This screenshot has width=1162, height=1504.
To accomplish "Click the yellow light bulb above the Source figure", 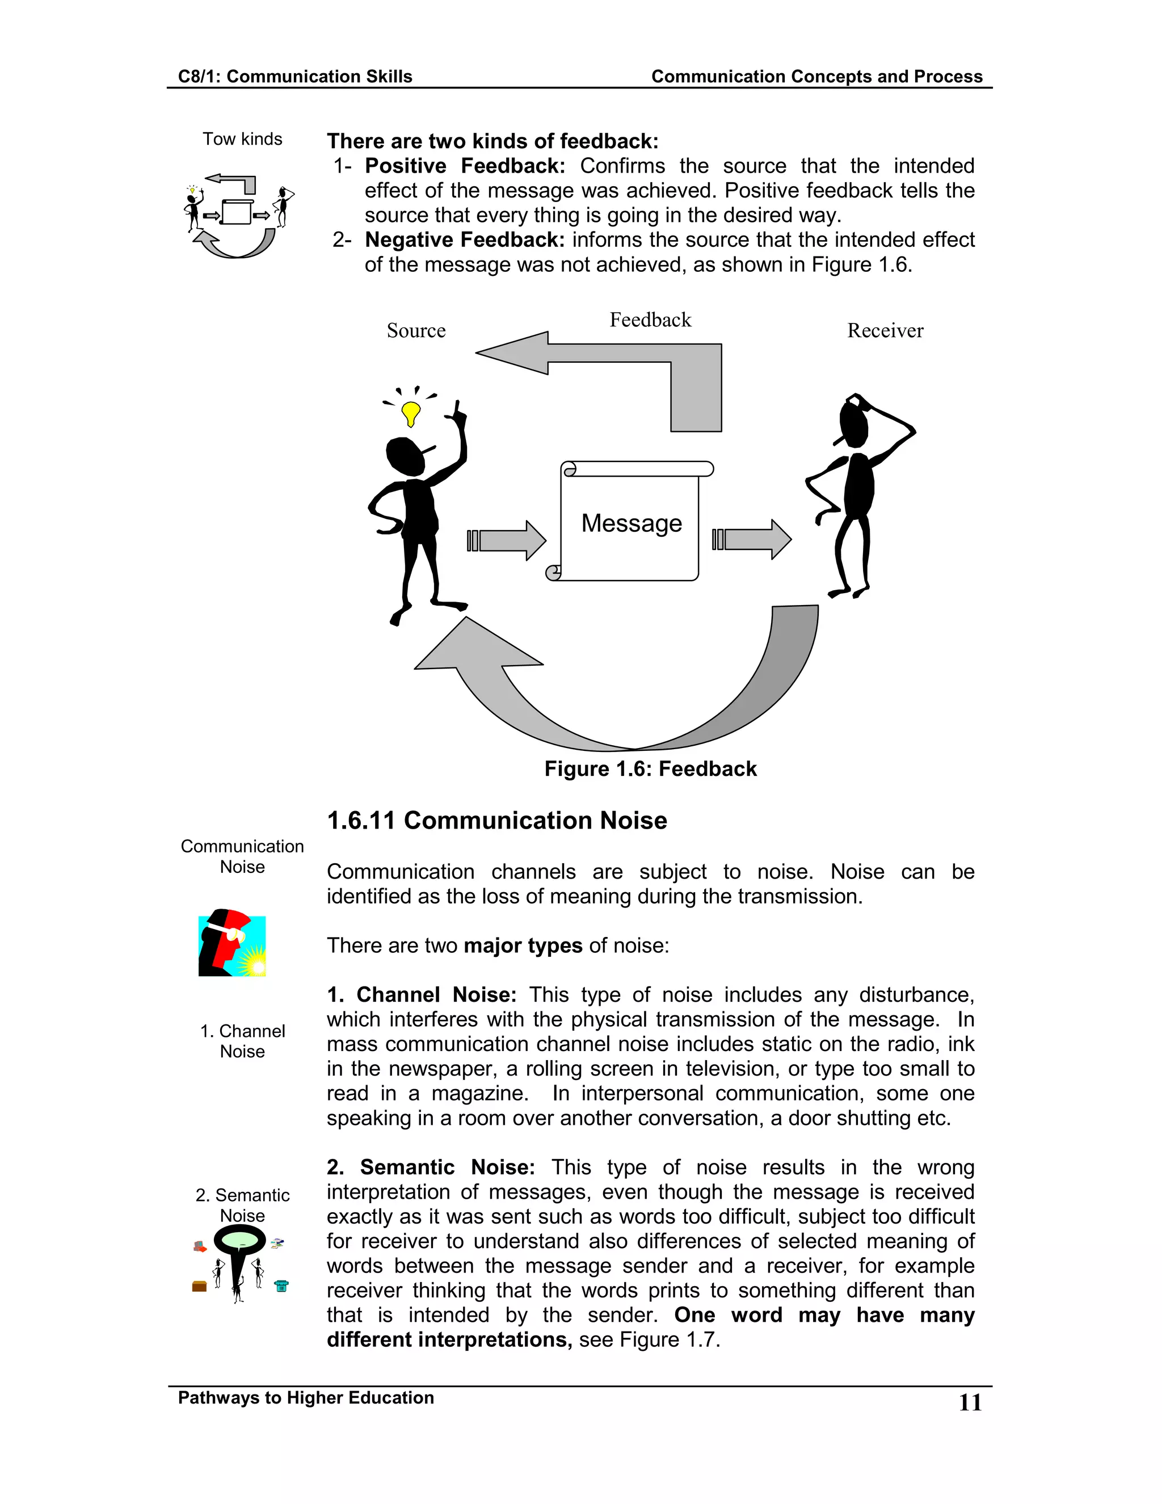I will pyautogui.click(x=411, y=413).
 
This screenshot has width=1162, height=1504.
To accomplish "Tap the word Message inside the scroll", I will pyautogui.click(x=631, y=523).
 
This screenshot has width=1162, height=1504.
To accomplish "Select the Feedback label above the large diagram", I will pyautogui.click(x=650, y=320).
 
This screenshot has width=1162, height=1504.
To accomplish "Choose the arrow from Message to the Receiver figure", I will pyautogui.click(x=752, y=539).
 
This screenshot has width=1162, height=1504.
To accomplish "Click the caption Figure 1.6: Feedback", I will pyautogui.click(x=650, y=768).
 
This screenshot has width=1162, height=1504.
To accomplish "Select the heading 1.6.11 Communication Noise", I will pyautogui.click(x=496, y=821).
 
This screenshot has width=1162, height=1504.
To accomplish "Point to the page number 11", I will pyautogui.click(x=970, y=1403).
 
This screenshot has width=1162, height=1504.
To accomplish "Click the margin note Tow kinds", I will pyautogui.click(x=242, y=139).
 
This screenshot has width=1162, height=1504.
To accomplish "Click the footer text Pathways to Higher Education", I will pyautogui.click(x=306, y=1398).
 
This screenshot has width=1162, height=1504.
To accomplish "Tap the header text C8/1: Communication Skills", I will pyautogui.click(x=294, y=77).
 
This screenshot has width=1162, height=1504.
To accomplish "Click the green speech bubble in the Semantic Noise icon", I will pyautogui.click(x=239, y=1241).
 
